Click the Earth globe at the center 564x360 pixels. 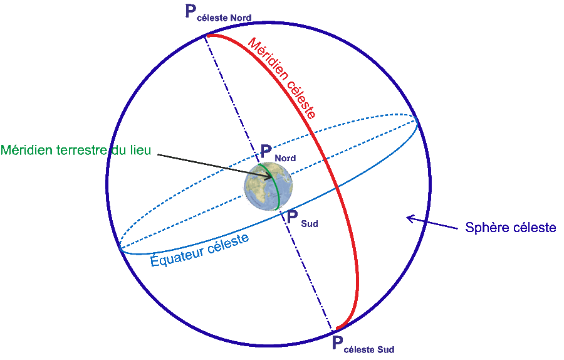[268, 186]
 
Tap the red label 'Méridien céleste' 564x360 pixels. [281, 78]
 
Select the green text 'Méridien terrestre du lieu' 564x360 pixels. [76, 151]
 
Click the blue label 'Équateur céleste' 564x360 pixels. [200, 250]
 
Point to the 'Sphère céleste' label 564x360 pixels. [510, 228]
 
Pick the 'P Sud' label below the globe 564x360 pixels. [302, 219]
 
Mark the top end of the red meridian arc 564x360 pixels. [209, 36]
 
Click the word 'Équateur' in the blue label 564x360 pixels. [176, 255]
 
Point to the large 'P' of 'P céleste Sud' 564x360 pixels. [337, 343]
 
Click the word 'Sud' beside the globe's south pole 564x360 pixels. [310, 223]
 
